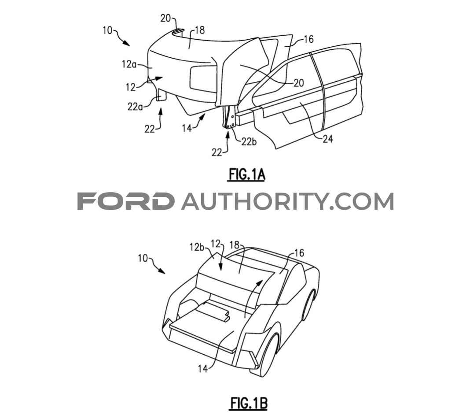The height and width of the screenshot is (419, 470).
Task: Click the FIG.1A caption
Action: tap(247, 174)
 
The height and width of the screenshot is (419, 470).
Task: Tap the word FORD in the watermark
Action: tap(126, 201)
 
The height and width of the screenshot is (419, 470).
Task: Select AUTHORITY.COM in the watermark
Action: tap(287, 201)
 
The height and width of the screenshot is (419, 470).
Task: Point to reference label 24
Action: tap(327, 139)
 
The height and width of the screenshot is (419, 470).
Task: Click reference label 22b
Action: tap(249, 141)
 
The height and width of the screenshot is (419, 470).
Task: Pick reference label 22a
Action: tap(135, 107)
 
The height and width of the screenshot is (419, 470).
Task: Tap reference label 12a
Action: tap(129, 64)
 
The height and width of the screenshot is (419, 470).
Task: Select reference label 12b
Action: tap(197, 247)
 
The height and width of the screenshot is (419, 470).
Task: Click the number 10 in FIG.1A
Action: tap(108, 30)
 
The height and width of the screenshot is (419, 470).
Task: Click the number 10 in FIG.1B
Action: tap(143, 258)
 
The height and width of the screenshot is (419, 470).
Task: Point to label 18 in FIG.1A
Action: tap(200, 30)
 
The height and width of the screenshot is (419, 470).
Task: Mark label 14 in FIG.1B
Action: tap(203, 368)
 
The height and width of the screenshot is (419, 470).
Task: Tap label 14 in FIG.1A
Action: tap(187, 128)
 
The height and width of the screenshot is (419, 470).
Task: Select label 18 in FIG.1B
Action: tap(235, 245)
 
